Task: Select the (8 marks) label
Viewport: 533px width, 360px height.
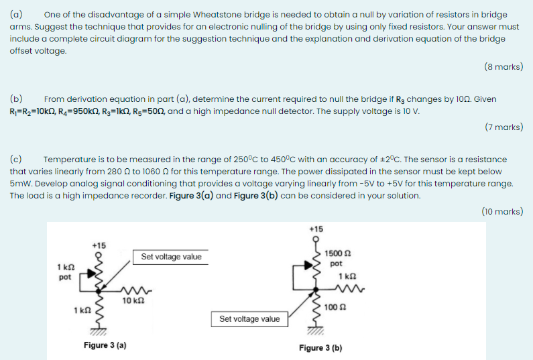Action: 503,66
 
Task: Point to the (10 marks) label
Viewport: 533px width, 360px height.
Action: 501,211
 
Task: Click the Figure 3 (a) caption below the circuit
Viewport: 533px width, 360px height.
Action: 105,346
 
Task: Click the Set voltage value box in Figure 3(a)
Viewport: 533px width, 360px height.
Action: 171,257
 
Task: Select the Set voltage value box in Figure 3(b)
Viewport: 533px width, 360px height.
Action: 249,319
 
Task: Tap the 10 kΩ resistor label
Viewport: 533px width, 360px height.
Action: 131,301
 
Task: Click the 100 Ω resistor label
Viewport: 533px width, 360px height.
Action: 335,307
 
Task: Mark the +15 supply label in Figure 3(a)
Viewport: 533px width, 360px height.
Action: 99,246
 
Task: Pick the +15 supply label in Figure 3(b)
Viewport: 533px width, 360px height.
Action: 316,229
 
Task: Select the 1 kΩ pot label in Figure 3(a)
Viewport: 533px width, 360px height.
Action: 64,272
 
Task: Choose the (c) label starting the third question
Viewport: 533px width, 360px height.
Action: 16,160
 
